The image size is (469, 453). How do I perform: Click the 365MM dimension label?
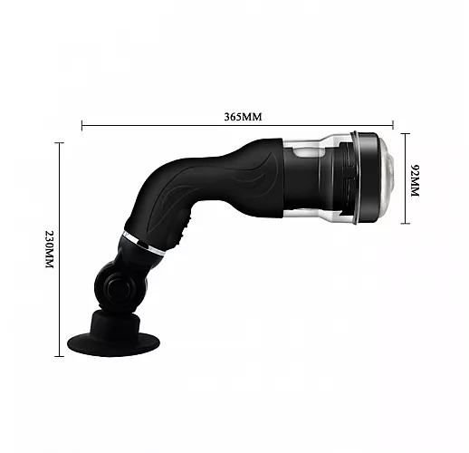pos(243,117)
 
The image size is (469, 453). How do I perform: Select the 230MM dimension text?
pos(49,249)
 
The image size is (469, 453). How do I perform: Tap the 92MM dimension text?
pos(416,180)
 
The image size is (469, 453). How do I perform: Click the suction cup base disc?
pos(113,344)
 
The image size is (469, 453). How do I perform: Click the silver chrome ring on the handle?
pos(144,243)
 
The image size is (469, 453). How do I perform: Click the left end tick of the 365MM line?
pos(81,125)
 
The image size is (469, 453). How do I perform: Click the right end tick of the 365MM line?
pos(393,125)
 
